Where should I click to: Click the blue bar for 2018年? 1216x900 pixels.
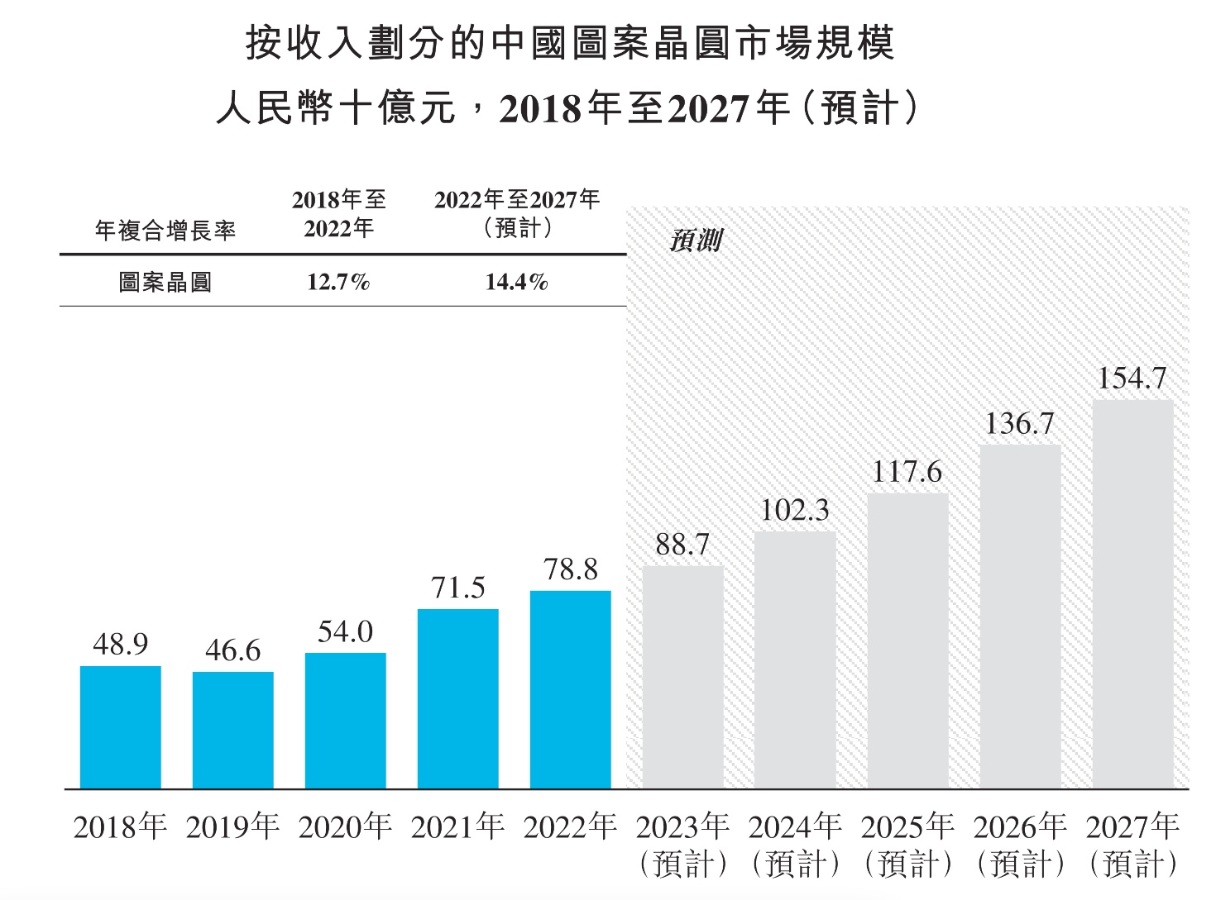[x=121, y=727]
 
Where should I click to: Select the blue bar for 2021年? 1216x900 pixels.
[x=458, y=698]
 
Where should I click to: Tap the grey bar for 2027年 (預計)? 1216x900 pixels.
[x=1132, y=594]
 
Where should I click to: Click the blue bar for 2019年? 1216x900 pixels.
[x=233, y=730]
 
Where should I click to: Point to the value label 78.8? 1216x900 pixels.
[x=571, y=569]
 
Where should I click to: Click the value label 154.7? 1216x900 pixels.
[x=1132, y=379]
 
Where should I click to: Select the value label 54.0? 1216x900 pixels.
[x=345, y=632]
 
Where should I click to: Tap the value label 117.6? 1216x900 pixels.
[x=907, y=472]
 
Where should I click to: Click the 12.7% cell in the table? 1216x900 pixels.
[x=338, y=283]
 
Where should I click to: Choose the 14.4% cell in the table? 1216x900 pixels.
[x=516, y=283]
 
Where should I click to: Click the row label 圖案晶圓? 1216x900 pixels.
[x=165, y=283]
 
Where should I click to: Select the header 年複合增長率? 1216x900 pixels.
[x=165, y=231]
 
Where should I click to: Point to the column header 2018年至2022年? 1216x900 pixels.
[x=339, y=214]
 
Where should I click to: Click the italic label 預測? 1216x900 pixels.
[x=696, y=240]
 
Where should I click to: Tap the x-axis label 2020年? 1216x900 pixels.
[x=345, y=826]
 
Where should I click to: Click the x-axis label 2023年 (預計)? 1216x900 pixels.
[x=683, y=844]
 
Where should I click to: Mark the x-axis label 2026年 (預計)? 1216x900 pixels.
[x=1020, y=844]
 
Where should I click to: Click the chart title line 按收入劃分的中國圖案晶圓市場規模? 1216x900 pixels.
[x=570, y=43]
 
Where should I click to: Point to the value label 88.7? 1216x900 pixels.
[x=682, y=545]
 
